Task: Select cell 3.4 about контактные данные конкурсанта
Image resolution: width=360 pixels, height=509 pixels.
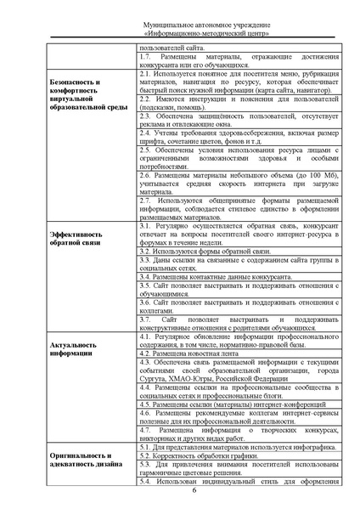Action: point(212,277)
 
